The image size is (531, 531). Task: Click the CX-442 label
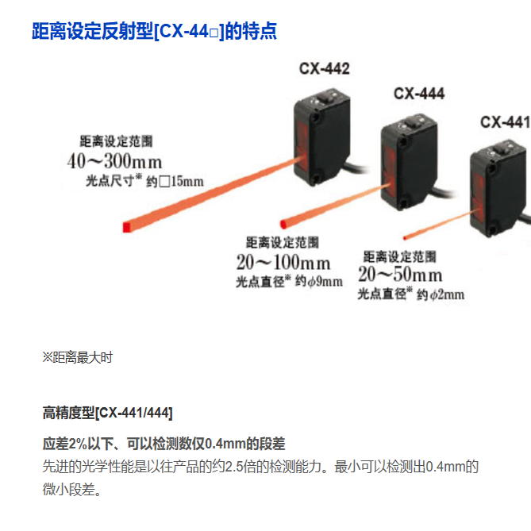[x=324, y=68]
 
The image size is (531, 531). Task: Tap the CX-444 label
[x=419, y=94]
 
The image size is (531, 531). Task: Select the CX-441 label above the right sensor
[x=505, y=122]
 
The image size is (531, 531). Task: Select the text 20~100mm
[x=283, y=261]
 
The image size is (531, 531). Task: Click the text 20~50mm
[x=400, y=275]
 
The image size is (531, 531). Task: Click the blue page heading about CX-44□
[x=154, y=32]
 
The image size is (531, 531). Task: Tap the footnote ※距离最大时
[x=77, y=357]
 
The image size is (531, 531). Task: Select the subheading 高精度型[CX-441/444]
[x=107, y=413]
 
